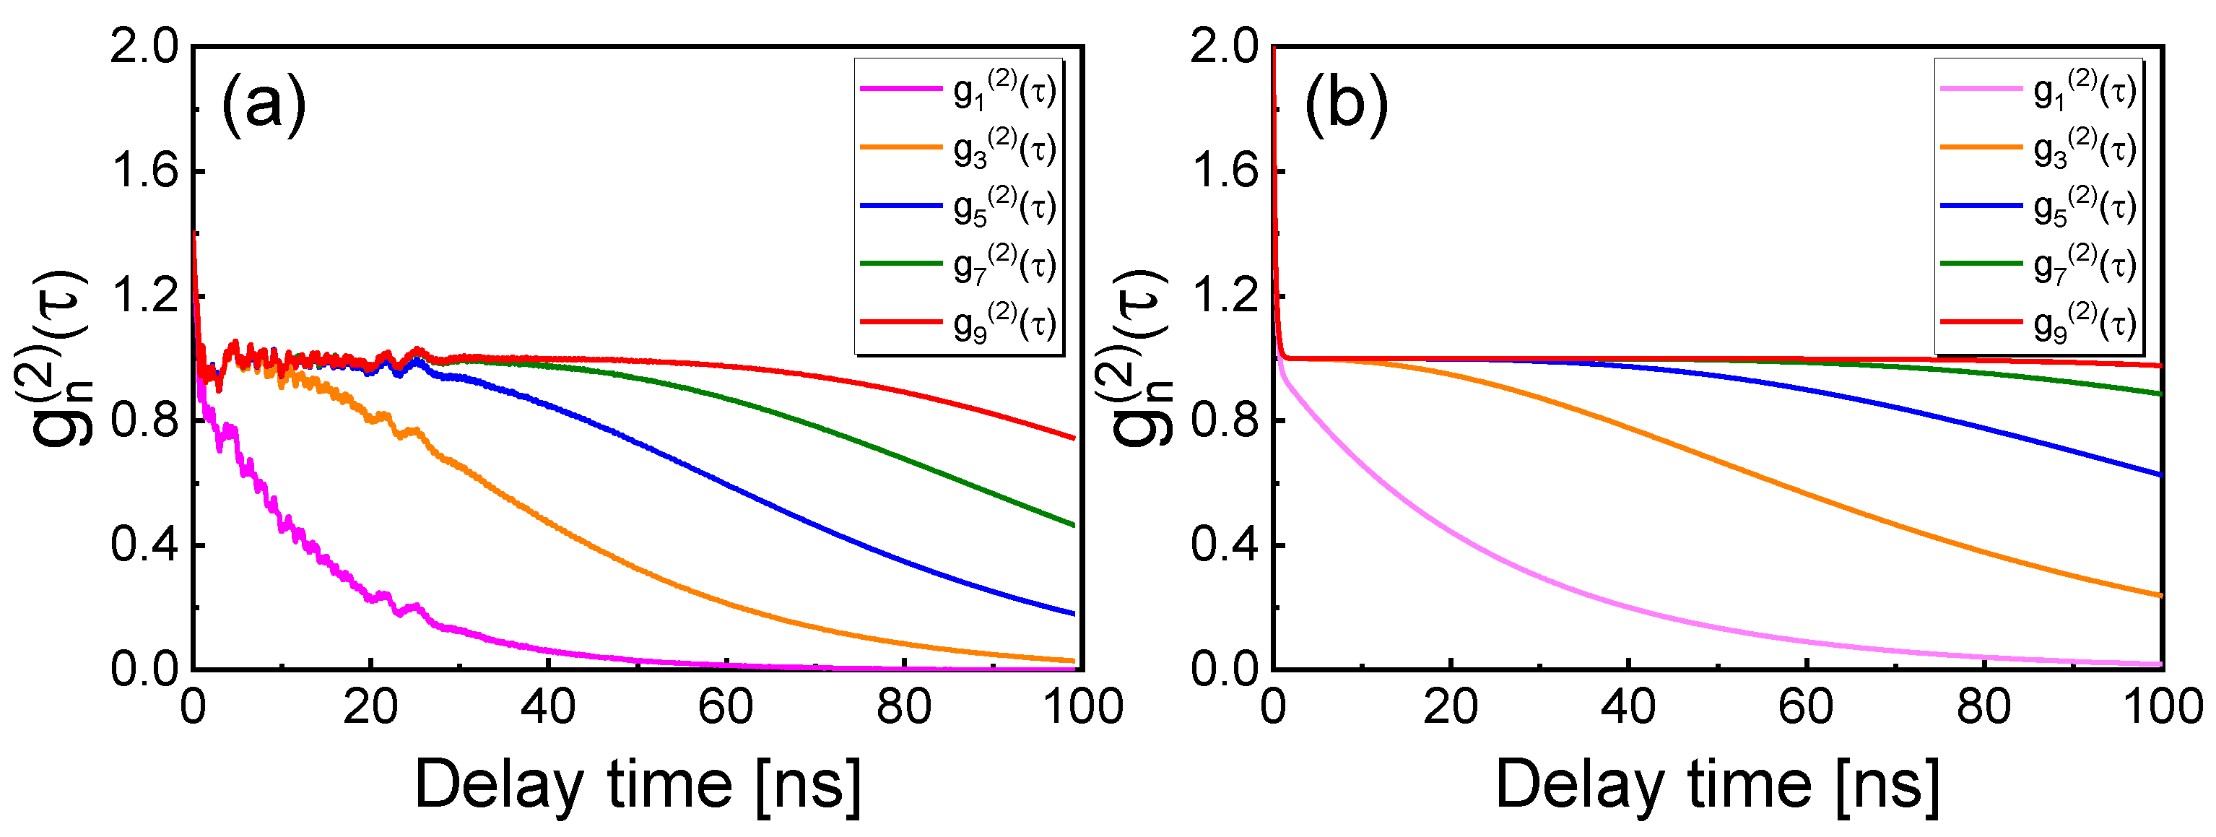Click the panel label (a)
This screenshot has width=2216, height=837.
pos(264,106)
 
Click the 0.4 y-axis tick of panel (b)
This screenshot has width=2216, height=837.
pos(1225,545)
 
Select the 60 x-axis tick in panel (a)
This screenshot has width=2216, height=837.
pos(725,707)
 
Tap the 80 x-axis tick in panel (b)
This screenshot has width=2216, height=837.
pos(1983,707)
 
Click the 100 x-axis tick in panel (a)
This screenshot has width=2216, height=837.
pos(1082,707)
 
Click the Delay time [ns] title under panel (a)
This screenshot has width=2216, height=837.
pos(638,784)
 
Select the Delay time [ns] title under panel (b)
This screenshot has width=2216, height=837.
pos(1718,784)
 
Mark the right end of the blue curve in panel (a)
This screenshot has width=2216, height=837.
pos(1074,613)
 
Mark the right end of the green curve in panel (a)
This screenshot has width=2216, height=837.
pos(1074,525)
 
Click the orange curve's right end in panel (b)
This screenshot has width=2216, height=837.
pos(2161,595)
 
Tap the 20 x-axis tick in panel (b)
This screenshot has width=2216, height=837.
pos(1451,707)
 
